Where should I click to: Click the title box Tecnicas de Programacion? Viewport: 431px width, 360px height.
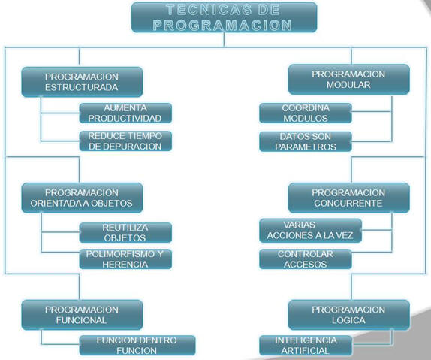coord(224,17)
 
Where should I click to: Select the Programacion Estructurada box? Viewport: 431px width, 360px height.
coord(82,82)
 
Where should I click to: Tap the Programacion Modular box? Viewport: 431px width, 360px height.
coord(349,80)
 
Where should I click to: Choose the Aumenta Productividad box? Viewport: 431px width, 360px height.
coord(125,113)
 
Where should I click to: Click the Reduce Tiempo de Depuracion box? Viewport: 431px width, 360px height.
coord(125,141)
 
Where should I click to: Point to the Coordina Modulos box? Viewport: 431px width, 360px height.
coord(306,113)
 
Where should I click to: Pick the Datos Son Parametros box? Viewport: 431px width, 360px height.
coord(306,141)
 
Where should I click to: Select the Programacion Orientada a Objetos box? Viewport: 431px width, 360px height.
coord(82,198)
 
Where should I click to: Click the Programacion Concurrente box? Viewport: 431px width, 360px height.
coord(349,198)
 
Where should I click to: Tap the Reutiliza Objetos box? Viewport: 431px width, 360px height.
coord(125,232)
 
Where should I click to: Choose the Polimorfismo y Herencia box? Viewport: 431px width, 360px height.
coord(125,259)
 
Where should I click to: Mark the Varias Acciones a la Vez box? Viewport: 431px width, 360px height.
coord(310,231)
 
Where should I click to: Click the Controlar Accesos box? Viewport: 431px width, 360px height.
coord(306,259)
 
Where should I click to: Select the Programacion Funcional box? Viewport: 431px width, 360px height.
coord(82,315)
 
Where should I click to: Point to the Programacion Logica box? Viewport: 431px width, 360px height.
coord(349,315)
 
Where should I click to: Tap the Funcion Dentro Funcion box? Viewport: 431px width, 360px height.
coord(137,346)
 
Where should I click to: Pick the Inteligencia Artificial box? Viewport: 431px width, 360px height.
coord(306,346)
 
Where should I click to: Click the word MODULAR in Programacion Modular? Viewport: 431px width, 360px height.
coord(348,85)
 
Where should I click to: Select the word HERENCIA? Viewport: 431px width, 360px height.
coord(125,265)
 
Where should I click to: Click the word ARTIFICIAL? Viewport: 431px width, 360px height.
coord(305,351)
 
